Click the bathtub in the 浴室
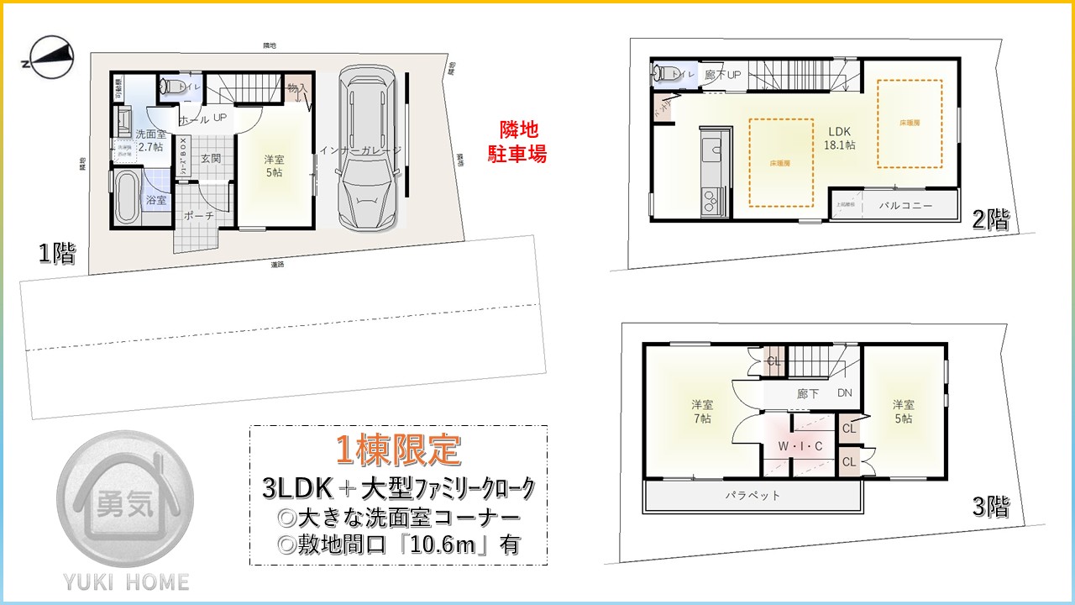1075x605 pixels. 127,197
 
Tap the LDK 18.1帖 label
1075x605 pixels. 840,139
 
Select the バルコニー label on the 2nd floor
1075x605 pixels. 905,205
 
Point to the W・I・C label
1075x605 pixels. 800,446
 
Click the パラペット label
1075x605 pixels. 752,495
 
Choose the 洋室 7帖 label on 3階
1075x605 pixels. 702,411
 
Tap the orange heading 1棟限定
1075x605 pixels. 398,452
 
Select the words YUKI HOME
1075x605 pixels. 125,581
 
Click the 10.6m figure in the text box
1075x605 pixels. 436,544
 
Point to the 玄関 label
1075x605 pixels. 210,159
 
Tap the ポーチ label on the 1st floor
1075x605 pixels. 199,216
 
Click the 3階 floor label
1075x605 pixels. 990,507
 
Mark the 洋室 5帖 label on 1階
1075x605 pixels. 274,166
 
